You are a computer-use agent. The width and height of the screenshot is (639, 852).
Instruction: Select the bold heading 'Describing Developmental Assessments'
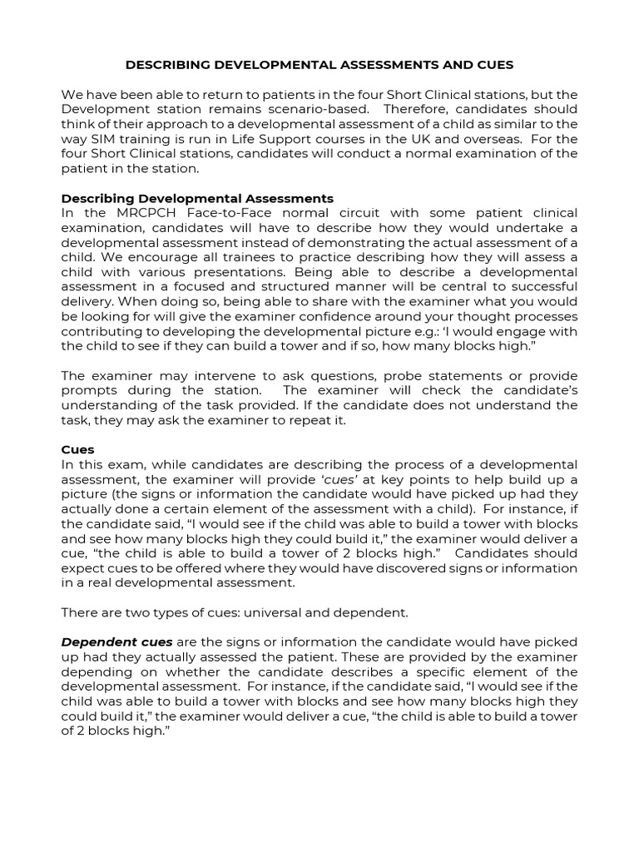pyautogui.click(x=197, y=198)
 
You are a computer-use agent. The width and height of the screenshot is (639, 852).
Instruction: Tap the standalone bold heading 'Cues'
pyautogui.click(x=77, y=449)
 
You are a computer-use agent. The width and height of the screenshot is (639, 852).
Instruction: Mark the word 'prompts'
pyautogui.click(x=87, y=390)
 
